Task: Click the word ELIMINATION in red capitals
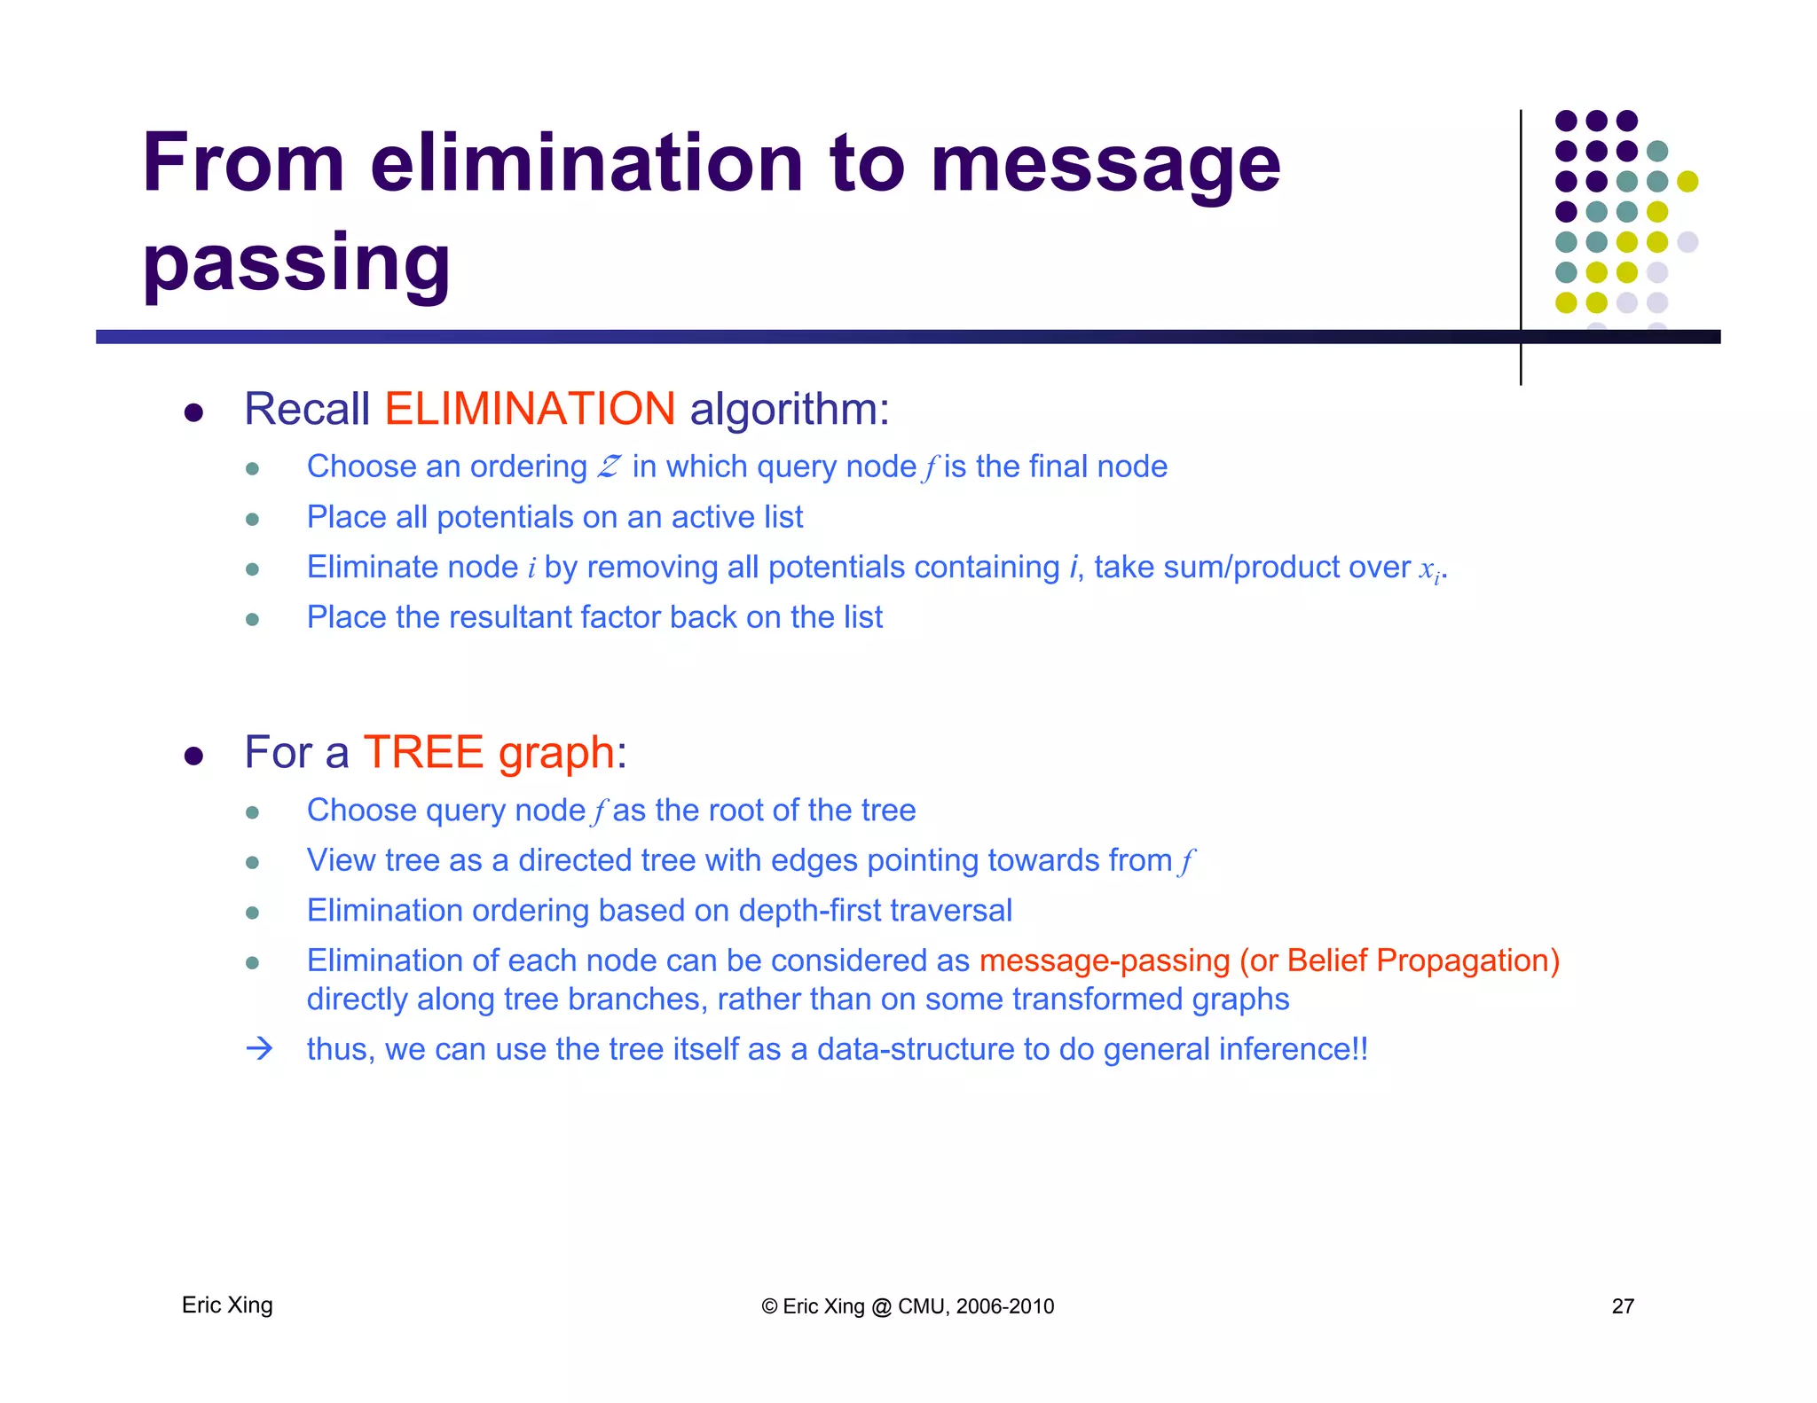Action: (530, 409)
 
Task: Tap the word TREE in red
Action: (423, 752)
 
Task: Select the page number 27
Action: (1623, 1305)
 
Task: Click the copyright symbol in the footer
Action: (769, 1306)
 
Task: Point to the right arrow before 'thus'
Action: (259, 1049)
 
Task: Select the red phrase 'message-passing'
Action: (1105, 960)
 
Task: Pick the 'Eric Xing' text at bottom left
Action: (227, 1305)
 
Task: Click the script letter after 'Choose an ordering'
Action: (609, 466)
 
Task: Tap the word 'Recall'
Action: (306, 409)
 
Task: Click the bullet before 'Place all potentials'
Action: (252, 519)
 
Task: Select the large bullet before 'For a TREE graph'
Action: (193, 756)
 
